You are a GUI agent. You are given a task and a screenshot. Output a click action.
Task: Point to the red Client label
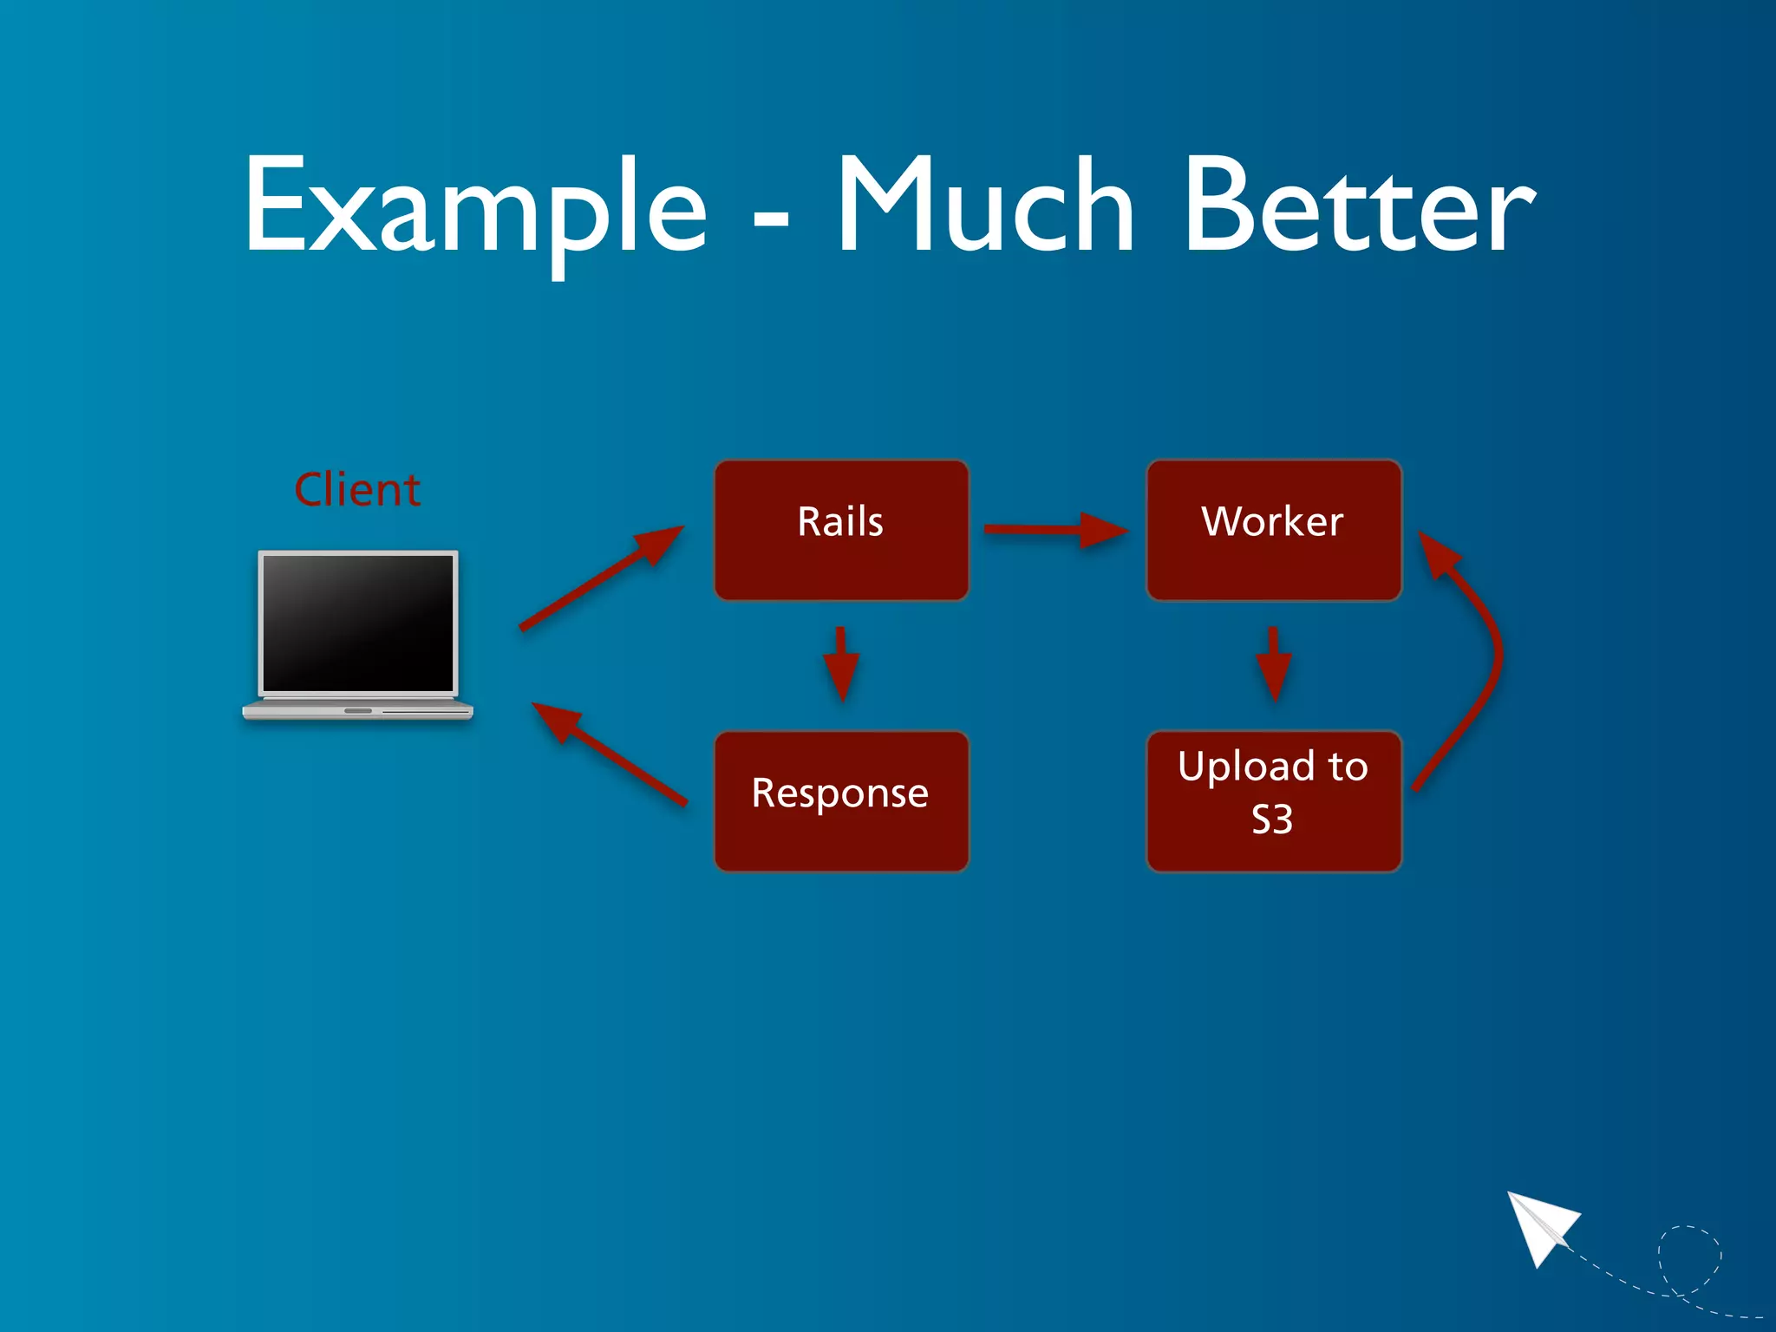click(357, 490)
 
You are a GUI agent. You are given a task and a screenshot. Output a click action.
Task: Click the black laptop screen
click(358, 623)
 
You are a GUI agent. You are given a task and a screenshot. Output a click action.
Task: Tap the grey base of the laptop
click(358, 711)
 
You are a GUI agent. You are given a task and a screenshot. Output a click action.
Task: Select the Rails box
click(841, 530)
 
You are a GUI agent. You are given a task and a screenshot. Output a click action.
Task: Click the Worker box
click(1273, 530)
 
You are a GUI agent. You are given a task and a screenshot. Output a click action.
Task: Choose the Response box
click(841, 800)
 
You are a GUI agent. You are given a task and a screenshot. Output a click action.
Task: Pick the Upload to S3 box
click(1273, 800)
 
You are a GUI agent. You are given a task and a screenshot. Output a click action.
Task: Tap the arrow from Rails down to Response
click(841, 664)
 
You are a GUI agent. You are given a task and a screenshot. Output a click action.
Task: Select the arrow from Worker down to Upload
click(1273, 664)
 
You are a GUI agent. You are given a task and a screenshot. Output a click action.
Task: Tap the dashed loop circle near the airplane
click(1689, 1257)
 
